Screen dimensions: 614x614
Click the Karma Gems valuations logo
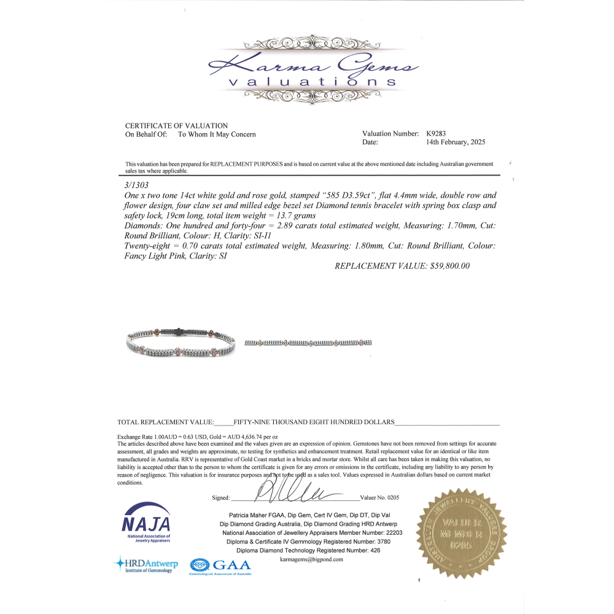(314, 72)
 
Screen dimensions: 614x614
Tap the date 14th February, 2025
(456, 142)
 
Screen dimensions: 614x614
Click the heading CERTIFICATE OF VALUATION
(176, 126)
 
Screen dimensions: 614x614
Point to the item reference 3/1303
(136, 184)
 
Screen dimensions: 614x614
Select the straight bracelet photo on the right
(308, 342)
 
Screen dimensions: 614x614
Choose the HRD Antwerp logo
(146, 564)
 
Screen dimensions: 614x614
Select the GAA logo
(220, 565)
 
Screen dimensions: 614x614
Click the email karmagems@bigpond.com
(311, 559)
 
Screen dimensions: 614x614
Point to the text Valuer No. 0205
(380, 498)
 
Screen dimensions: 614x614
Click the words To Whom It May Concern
(217, 134)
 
